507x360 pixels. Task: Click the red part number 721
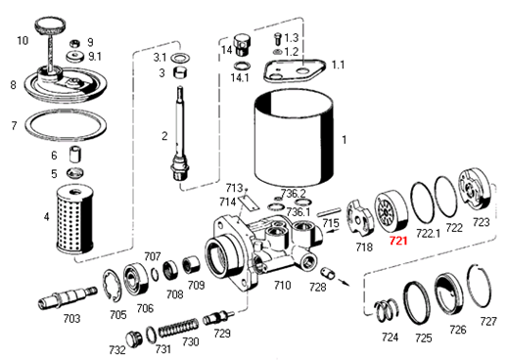coord(397,240)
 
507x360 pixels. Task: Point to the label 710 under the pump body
coord(282,285)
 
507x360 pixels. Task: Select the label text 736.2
coord(295,193)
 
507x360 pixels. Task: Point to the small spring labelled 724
coord(386,306)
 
